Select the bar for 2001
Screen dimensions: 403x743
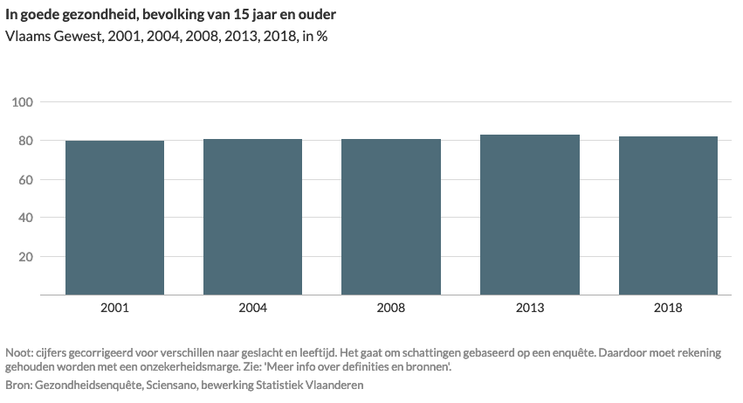pos(114,218)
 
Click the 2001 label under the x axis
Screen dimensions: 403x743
pos(114,308)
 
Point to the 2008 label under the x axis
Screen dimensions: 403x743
pos(391,308)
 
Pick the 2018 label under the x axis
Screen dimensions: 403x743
pos(668,308)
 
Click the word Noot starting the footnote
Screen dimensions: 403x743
pos(19,352)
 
